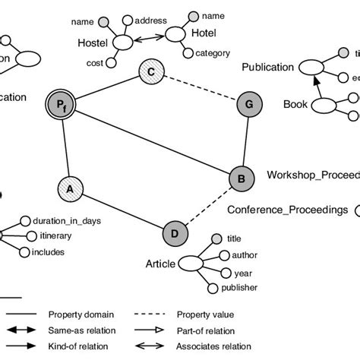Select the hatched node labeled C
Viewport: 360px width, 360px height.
[151, 73]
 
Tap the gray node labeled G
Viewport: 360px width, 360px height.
[248, 104]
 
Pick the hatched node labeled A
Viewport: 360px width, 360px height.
[70, 187]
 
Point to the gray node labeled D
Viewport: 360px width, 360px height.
[175, 232]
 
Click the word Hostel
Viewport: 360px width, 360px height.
[93, 44]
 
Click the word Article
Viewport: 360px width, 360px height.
[160, 264]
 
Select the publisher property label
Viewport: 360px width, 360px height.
[239, 288]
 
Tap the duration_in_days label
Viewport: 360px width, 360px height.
[67, 221]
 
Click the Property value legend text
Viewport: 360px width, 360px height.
[205, 314]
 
